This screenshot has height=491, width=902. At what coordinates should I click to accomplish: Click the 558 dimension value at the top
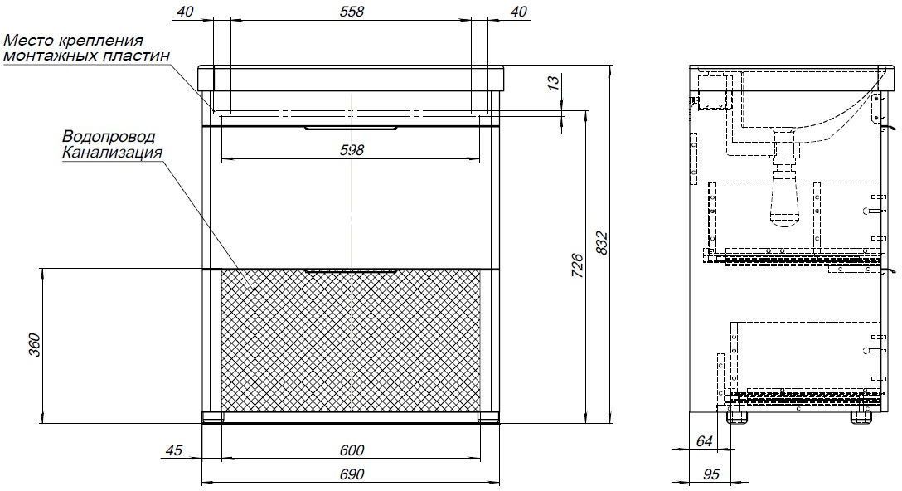[352, 12]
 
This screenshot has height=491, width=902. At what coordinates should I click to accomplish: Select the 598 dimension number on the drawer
[352, 150]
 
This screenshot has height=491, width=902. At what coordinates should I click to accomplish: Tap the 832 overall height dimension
[600, 243]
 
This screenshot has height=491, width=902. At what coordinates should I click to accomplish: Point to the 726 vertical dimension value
[578, 266]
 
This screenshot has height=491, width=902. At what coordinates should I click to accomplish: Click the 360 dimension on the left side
[35, 345]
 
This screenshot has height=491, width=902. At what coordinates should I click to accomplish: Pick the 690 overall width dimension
[352, 474]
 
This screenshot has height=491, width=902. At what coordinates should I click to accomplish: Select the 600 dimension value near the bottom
[352, 450]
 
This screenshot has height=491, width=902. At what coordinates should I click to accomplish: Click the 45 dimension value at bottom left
[173, 450]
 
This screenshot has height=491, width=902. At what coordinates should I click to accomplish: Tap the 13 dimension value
[553, 82]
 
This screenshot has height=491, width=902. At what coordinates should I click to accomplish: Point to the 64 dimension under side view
[704, 441]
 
